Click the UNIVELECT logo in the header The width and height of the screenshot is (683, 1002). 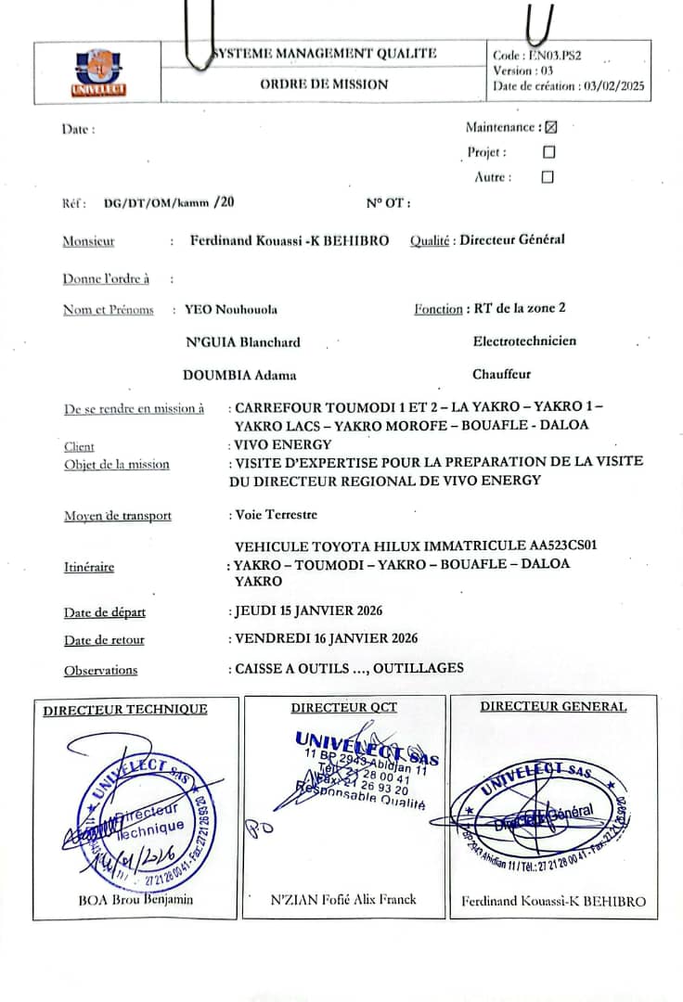click(99, 73)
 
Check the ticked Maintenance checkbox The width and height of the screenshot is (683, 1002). click(550, 128)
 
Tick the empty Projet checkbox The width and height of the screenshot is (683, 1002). click(548, 152)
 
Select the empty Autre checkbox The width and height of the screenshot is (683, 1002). click(548, 177)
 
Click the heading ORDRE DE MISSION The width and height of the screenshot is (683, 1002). click(324, 84)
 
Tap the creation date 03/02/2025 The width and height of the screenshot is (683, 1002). click(613, 85)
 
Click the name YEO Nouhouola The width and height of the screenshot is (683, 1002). click(231, 309)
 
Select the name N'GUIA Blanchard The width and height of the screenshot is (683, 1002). click(243, 342)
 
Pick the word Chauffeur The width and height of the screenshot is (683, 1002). click(502, 375)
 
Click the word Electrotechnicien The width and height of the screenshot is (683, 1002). click(524, 341)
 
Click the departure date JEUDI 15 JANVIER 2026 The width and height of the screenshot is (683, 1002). click(308, 610)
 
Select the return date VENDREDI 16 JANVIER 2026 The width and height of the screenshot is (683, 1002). click(326, 638)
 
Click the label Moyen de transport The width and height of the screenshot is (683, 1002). click(118, 516)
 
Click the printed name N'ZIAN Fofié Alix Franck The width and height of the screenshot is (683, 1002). click(343, 899)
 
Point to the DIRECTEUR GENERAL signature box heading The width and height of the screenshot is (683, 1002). click(553, 707)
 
